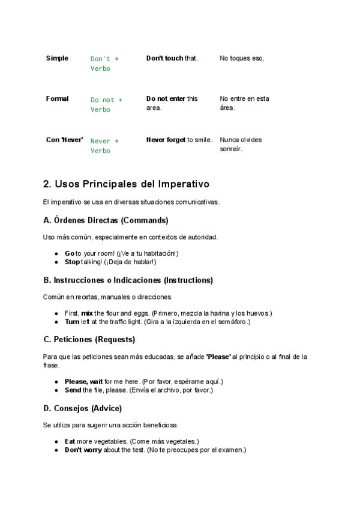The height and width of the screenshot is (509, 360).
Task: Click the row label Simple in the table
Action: tap(57, 58)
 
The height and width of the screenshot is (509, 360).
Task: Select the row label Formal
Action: tap(57, 98)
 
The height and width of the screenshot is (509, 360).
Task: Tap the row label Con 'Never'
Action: tap(64, 140)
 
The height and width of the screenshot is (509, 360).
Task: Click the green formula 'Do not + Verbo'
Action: tap(106, 104)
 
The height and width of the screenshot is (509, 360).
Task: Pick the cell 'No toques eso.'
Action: tap(242, 58)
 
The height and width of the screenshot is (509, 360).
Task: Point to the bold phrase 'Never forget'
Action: tap(166, 140)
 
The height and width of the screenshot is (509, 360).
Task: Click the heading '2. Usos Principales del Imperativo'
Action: tap(126, 183)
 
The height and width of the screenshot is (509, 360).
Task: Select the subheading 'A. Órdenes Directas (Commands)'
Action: tap(106, 220)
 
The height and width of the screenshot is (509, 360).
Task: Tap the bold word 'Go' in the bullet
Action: tap(70, 253)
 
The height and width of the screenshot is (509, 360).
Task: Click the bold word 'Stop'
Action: tap(72, 262)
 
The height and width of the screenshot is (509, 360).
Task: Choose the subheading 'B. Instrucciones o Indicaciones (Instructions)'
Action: tap(128, 280)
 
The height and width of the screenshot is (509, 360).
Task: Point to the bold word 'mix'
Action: tap(87, 313)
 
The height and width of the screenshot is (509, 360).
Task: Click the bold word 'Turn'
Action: tap(72, 322)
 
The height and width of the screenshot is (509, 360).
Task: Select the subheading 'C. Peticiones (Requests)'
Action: tap(89, 340)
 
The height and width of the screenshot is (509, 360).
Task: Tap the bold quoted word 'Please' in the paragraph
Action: tap(218, 357)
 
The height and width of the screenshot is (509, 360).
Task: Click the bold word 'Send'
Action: tap(73, 390)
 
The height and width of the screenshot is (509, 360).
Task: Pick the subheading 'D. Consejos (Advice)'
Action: tap(82, 408)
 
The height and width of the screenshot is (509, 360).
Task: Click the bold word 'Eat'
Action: tap(70, 441)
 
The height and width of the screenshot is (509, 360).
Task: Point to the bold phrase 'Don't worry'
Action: tap(83, 450)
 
